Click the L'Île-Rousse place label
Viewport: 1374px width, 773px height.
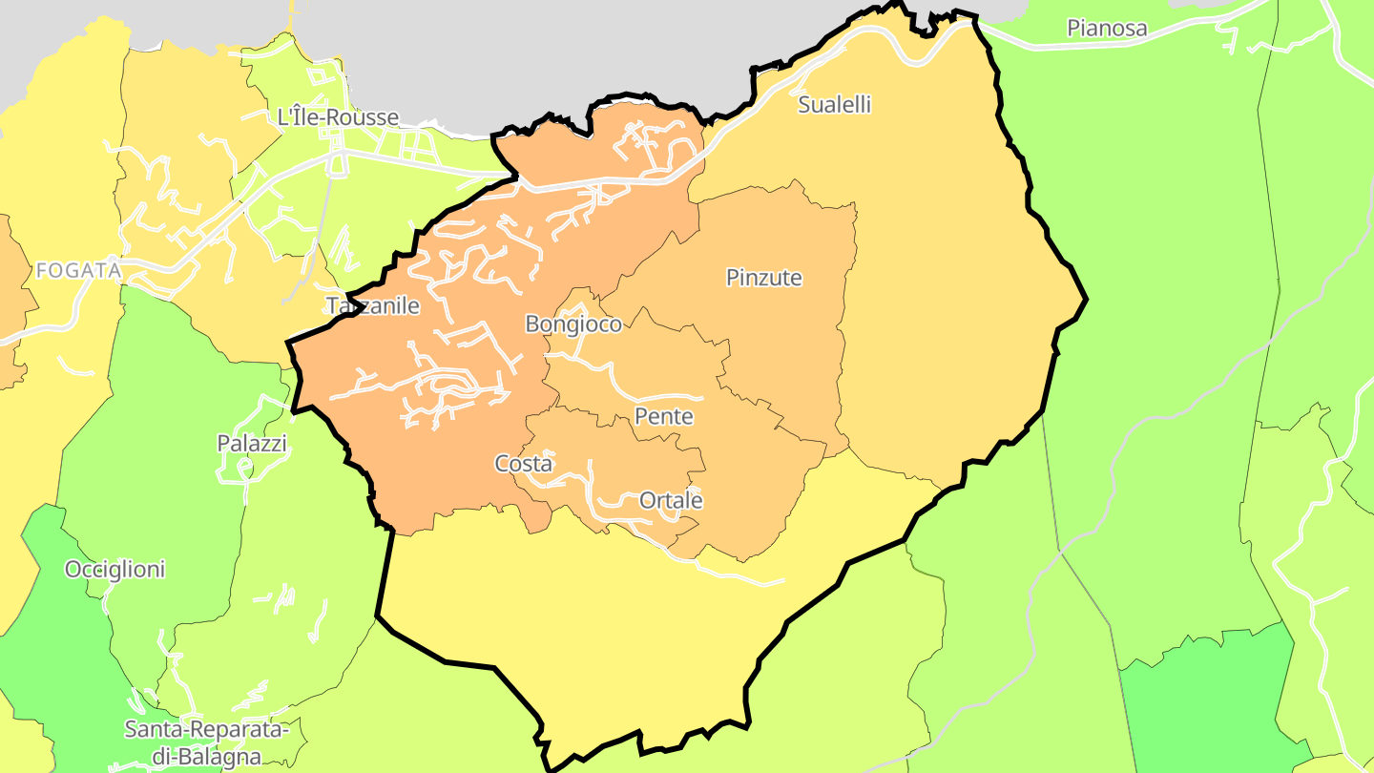click(337, 117)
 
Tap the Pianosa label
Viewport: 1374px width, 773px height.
click(1107, 28)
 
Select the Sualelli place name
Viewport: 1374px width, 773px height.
click(834, 105)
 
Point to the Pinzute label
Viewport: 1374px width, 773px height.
click(763, 278)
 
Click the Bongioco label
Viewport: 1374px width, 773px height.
click(573, 324)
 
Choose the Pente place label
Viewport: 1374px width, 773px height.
click(664, 417)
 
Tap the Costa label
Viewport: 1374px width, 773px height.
click(523, 464)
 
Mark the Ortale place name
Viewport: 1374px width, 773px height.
click(671, 500)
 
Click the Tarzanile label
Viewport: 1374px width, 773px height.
click(373, 306)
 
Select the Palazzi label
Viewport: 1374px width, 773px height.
click(252, 444)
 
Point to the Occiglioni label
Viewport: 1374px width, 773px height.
click(114, 570)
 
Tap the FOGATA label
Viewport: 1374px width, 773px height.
click(78, 271)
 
